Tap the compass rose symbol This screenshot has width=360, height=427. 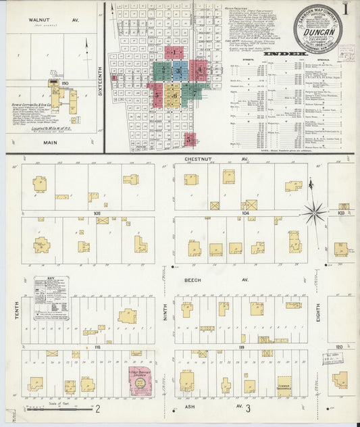coord(315,214)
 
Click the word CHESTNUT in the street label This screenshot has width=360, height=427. coord(197,159)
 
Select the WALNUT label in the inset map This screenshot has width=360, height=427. coord(40,20)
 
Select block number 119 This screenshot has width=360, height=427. coord(241,347)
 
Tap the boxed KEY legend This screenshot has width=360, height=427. coord(51,296)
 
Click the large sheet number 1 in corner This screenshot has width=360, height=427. coord(345,10)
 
